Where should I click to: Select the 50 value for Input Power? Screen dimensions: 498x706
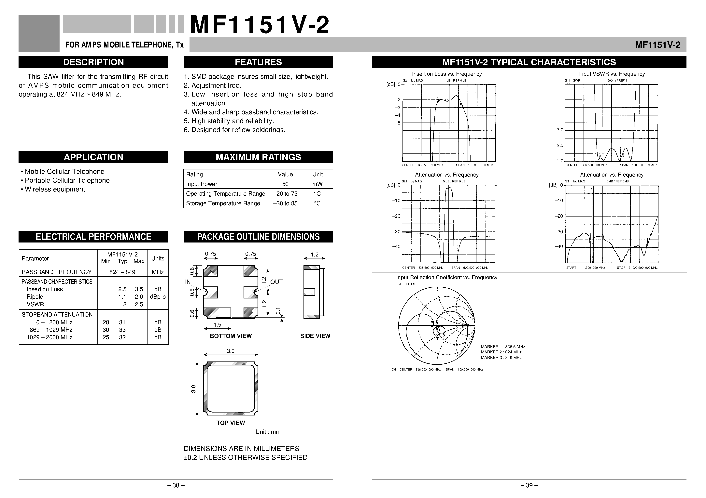click(x=285, y=184)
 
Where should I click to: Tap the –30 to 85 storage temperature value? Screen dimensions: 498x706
click(x=285, y=203)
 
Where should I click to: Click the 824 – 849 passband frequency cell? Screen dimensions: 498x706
click(x=122, y=272)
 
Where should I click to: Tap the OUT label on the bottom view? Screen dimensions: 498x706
click(x=276, y=282)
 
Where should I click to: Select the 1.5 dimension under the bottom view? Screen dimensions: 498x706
click(x=217, y=325)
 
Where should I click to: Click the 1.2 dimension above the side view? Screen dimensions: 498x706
click(x=315, y=255)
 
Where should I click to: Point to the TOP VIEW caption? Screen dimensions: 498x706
click(x=231, y=423)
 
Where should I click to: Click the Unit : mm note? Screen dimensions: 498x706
click(x=268, y=432)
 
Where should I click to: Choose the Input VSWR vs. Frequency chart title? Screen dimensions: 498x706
click(x=612, y=74)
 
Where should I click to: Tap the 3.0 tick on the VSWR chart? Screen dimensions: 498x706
click(x=560, y=130)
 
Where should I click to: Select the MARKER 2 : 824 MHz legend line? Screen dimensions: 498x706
click(x=501, y=352)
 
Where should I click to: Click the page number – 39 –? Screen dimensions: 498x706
click(x=529, y=485)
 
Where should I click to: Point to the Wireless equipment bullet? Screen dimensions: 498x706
click(x=53, y=189)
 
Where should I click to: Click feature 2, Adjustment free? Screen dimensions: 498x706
click(x=212, y=85)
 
